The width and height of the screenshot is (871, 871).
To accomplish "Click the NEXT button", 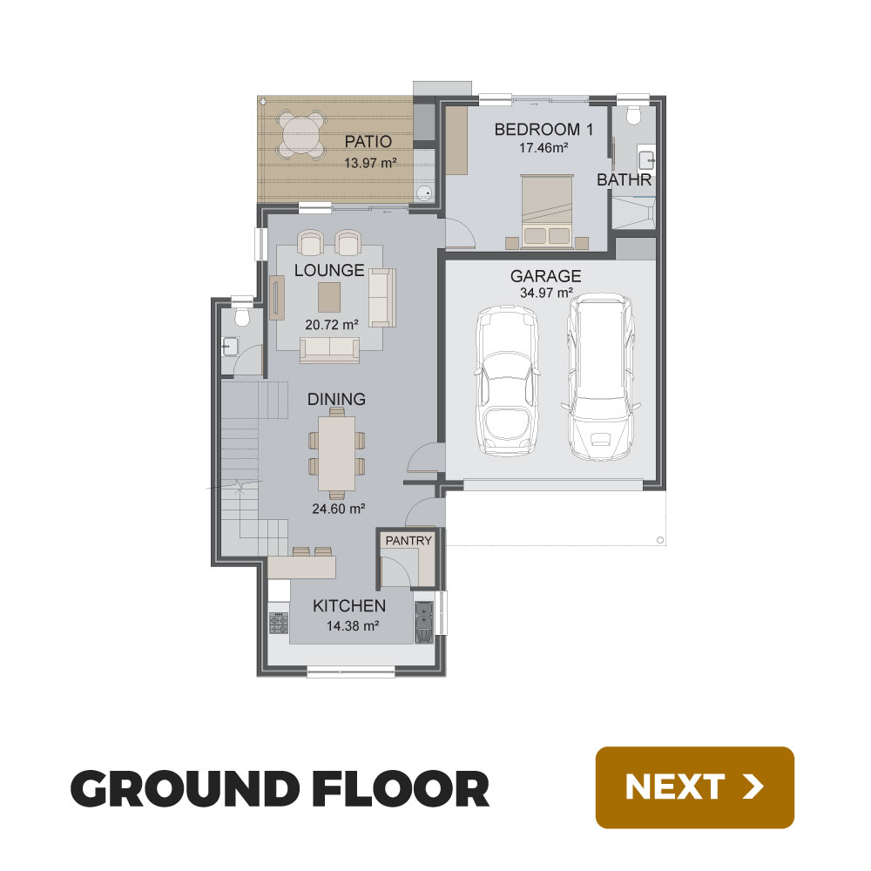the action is pyautogui.click(x=694, y=787).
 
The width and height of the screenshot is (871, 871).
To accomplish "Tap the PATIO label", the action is pyautogui.click(x=368, y=142).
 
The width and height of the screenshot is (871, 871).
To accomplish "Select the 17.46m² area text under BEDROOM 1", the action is pyautogui.click(x=544, y=148).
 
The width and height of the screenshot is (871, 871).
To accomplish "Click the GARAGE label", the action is pyautogui.click(x=545, y=276).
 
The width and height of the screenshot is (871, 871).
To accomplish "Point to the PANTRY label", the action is pyautogui.click(x=408, y=541).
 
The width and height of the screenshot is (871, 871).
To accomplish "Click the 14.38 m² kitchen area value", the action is pyautogui.click(x=353, y=626).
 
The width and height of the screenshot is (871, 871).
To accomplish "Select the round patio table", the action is pyautogui.click(x=300, y=134).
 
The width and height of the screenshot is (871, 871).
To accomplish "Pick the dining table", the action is pyautogui.click(x=336, y=453).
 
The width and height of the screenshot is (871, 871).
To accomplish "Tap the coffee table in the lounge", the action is pyautogui.click(x=329, y=297).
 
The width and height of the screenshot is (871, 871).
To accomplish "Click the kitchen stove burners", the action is pyautogui.click(x=279, y=623).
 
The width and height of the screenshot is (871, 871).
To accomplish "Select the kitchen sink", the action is pyautogui.click(x=424, y=622).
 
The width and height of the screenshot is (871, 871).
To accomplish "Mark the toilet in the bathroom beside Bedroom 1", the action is pyautogui.click(x=633, y=115).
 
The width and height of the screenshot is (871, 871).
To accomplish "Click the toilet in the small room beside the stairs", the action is pyautogui.click(x=241, y=317).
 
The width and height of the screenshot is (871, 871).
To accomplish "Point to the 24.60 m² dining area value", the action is pyautogui.click(x=338, y=509).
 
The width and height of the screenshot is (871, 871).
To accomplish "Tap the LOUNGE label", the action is pyautogui.click(x=329, y=271).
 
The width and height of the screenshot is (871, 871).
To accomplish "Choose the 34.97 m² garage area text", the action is pyautogui.click(x=546, y=293).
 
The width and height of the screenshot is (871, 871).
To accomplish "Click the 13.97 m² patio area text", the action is pyautogui.click(x=370, y=164).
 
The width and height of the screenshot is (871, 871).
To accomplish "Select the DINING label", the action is pyautogui.click(x=336, y=400).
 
